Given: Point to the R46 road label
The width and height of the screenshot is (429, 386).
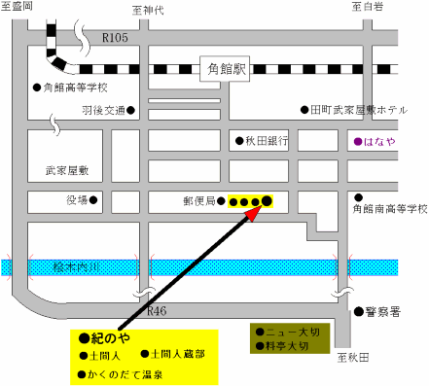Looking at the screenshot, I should [x=158, y=311].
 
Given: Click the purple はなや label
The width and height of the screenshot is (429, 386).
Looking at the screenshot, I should [x=378, y=140].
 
